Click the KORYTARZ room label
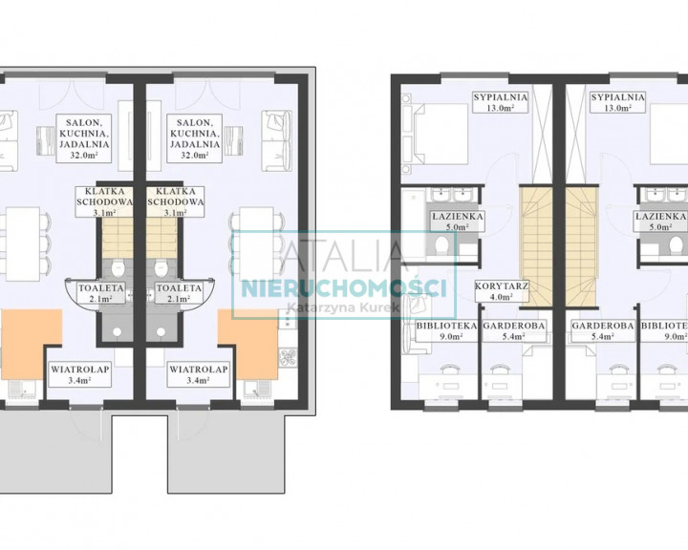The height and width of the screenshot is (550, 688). tap(502, 286)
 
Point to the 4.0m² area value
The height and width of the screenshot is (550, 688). tap(502, 297)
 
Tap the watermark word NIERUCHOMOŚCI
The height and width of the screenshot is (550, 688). tap(344, 288)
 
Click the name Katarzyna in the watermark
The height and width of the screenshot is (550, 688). tap(313, 307)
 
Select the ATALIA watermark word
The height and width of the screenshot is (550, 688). tap(344, 257)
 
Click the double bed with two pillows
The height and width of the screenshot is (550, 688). tap(441, 134)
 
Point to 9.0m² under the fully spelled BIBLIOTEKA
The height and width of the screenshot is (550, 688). tap(447, 336)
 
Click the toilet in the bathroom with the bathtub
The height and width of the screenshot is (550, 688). tap(441, 244)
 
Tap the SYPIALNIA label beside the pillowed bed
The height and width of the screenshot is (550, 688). tap(500, 97)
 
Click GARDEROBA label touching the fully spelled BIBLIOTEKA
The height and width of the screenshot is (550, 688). tap(514, 326)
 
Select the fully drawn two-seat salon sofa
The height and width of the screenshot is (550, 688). tap(277, 140)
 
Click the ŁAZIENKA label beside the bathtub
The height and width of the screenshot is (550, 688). tap(457, 216)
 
